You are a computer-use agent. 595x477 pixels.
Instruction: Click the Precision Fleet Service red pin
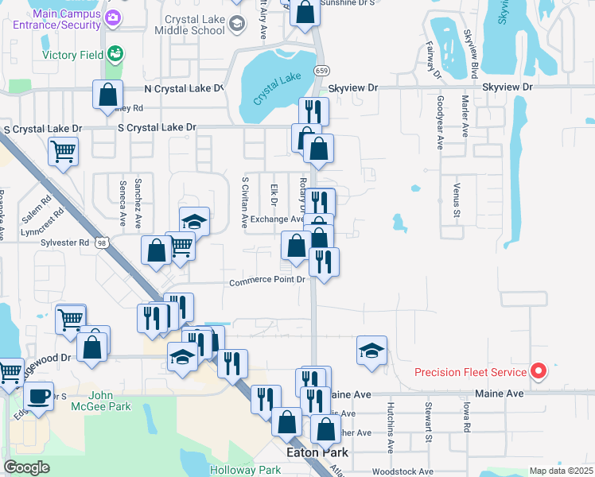tap(539, 371)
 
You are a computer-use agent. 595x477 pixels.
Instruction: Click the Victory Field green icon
tap(116, 54)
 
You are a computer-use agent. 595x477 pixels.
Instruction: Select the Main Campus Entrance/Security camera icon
tap(113, 17)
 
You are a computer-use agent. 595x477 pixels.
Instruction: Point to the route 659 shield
tap(320, 70)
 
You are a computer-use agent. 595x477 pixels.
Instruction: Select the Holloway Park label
tap(245, 470)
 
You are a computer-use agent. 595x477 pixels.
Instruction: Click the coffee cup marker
tap(39, 395)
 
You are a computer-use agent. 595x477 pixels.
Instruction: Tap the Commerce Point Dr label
tap(267, 281)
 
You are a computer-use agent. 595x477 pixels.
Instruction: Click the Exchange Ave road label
tap(277, 219)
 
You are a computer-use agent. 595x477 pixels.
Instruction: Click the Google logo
tap(26, 467)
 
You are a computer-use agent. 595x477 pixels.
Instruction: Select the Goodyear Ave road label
tap(439, 123)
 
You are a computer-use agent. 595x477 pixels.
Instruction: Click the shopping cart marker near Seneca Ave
tap(63, 149)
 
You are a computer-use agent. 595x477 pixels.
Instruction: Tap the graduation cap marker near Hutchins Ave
tap(371, 350)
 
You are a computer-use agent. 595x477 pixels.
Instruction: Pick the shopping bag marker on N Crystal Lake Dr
tap(107, 94)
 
